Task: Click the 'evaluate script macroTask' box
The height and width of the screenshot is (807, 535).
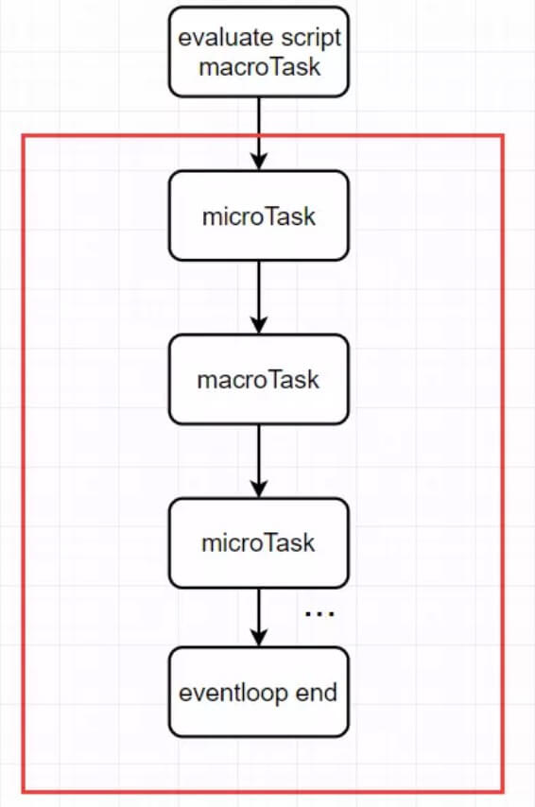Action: click(258, 52)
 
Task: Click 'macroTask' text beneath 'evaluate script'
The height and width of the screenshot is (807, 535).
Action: click(258, 67)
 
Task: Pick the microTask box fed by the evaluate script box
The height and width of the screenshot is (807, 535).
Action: click(258, 215)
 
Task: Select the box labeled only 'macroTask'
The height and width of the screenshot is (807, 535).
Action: click(258, 380)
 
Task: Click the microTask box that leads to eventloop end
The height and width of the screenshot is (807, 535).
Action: click(258, 543)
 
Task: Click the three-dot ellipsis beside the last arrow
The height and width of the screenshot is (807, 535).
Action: click(319, 614)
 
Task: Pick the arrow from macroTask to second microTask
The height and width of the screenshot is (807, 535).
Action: click(258, 461)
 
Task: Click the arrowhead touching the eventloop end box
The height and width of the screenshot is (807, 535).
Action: click(258, 639)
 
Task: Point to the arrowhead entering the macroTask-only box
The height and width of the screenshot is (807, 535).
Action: click(258, 326)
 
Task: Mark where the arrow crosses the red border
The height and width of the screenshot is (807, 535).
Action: click(258, 135)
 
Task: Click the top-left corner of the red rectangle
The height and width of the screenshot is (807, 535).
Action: click(23, 135)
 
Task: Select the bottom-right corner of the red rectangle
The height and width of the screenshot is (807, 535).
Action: click(502, 791)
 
